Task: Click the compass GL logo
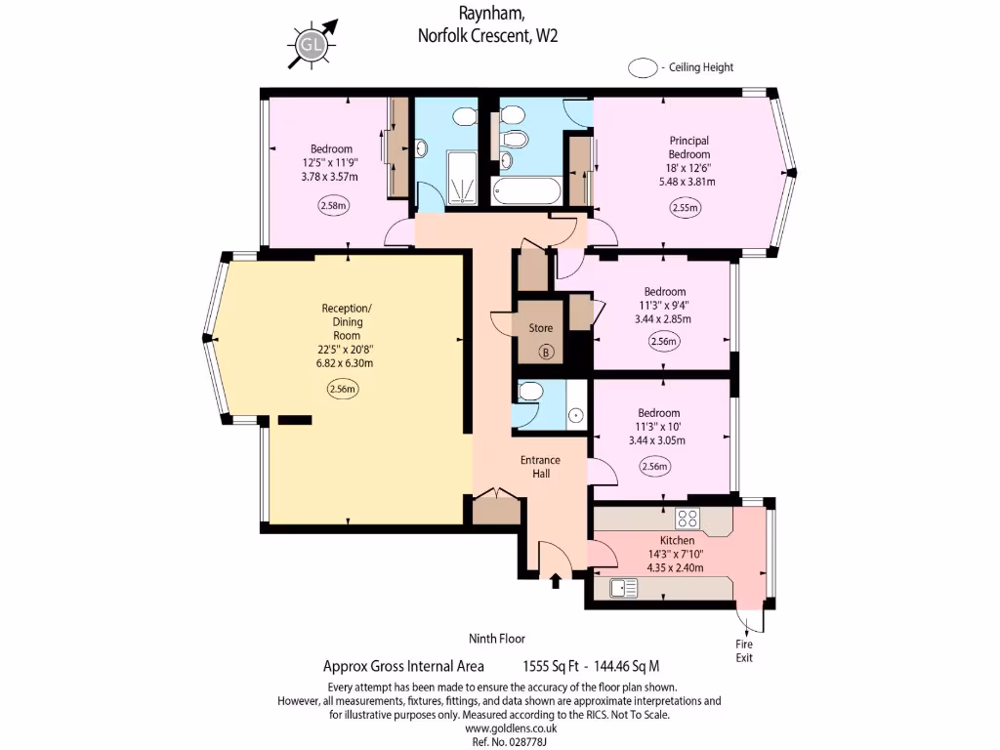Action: coord(312,44)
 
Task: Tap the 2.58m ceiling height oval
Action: coord(334,206)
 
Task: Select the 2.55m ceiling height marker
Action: coord(685,207)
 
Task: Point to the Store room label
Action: coord(540,328)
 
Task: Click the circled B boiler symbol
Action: coord(546,352)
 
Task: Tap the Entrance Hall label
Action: coord(540,466)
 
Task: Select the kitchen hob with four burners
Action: coord(687,519)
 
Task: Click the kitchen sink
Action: coord(622,588)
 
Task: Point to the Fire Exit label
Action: coord(745,651)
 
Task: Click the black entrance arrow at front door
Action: coord(556,582)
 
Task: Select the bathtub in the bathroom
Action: coord(527,190)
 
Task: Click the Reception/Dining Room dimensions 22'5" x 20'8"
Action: coord(348,349)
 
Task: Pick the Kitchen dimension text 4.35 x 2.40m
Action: coord(677,567)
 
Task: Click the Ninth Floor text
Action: coord(497,639)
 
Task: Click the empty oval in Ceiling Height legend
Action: coord(643,67)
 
